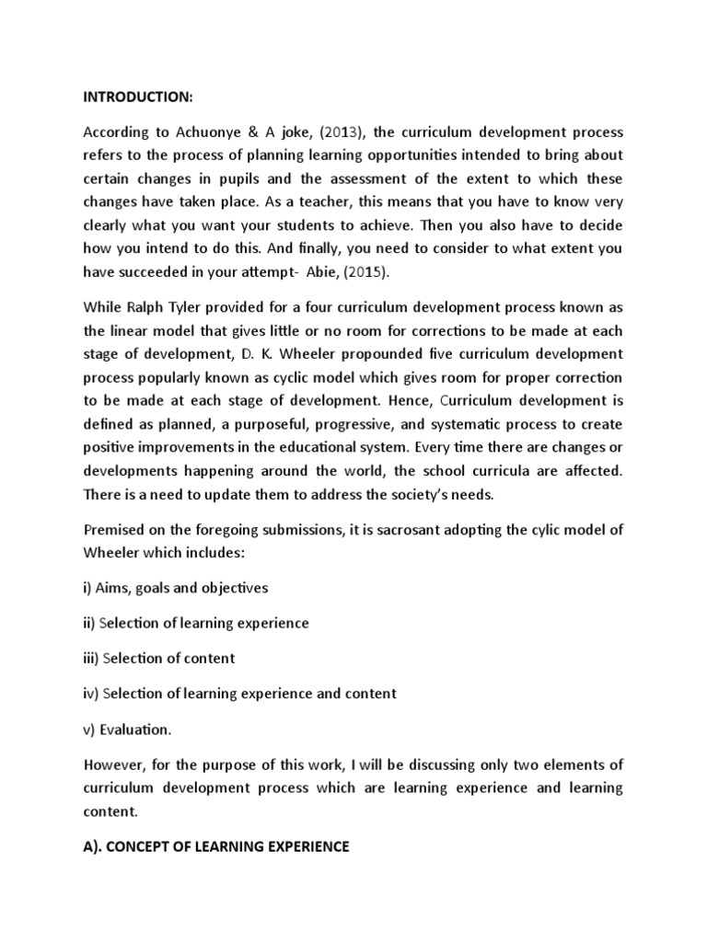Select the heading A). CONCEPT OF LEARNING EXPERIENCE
[216, 846]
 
